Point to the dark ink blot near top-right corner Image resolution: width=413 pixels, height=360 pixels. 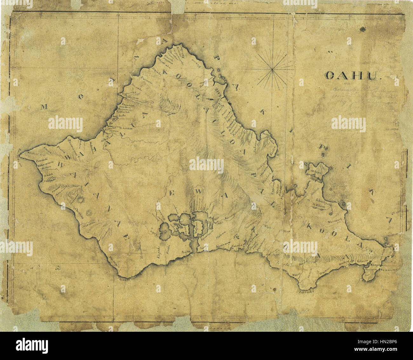tap(362, 30)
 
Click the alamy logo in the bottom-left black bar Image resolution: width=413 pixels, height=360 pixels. tap(32, 344)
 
